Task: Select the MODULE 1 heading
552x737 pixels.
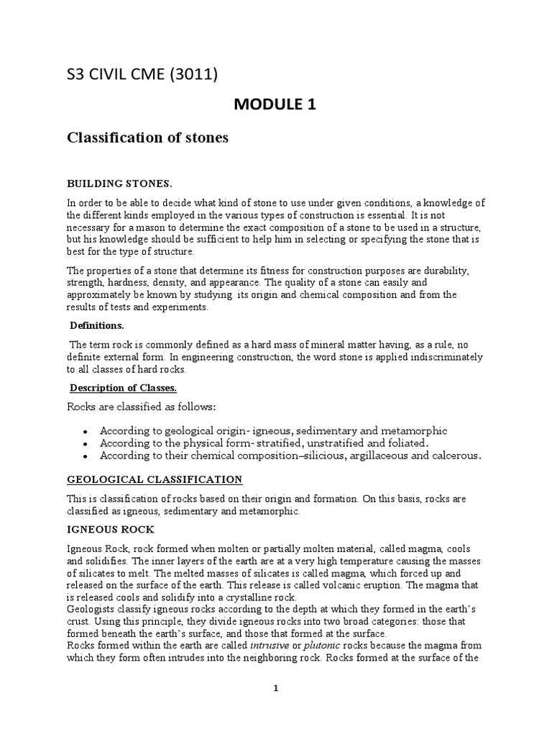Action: [275, 105]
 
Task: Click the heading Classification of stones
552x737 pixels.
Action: [147, 137]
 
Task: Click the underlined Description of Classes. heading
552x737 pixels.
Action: [123, 388]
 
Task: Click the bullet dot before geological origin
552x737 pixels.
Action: [86, 432]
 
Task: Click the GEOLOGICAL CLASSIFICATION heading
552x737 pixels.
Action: [155, 479]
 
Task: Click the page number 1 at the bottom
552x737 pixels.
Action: [275, 689]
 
